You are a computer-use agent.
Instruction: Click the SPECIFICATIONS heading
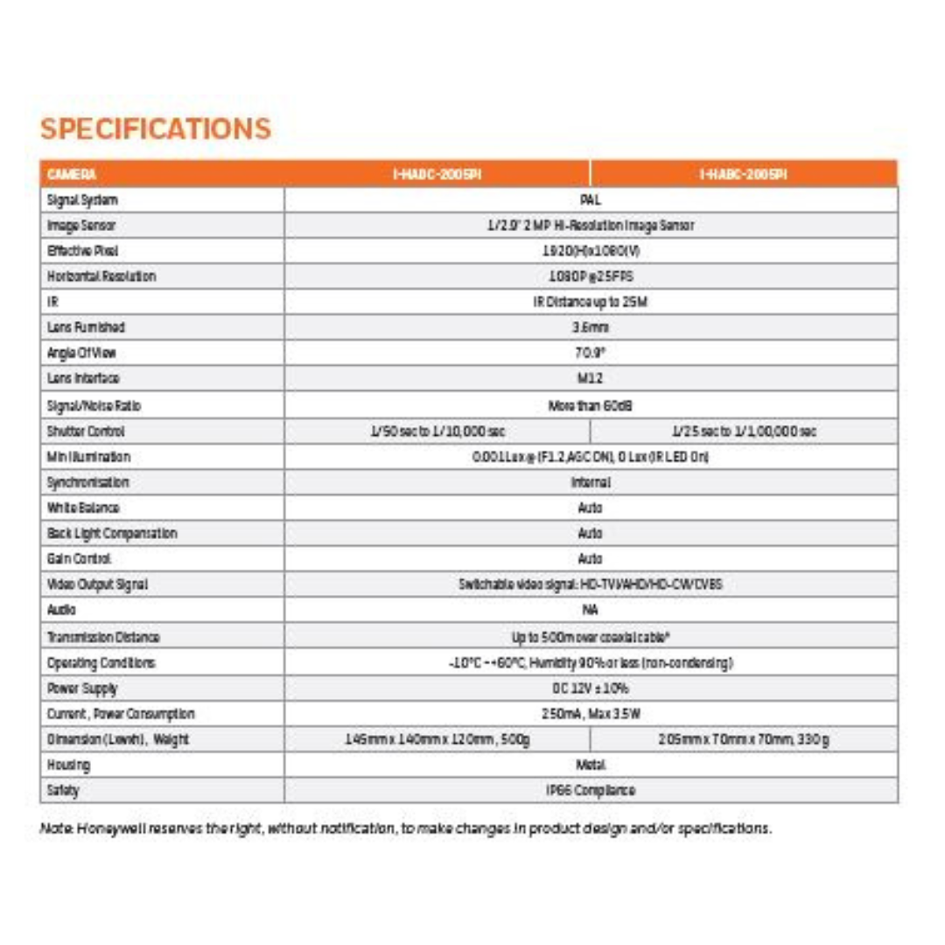(x=156, y=129)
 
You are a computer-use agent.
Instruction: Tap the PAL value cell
(x=591, y=199)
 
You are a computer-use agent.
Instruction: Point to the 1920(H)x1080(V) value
(x=591, y=250)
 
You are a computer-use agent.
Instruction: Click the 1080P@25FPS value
(x=591, y=276)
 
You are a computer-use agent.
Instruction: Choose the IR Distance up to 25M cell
(x=591, y=302)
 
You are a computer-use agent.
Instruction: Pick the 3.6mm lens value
(x=591, y=327)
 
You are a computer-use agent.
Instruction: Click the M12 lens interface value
(x=591, y=379)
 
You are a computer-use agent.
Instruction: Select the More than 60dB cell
(x=591, y=405)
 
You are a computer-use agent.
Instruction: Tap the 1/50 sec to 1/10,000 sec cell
(x=437, y=430)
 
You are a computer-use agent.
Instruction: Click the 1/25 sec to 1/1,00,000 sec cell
(x=744, y=430)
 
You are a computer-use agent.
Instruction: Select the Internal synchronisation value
(x=591, y=482)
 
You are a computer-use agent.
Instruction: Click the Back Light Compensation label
(x=112, y=533)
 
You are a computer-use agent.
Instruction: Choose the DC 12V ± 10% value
(x=591, y=688)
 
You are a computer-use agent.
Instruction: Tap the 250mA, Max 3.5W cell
(x=591, y=714)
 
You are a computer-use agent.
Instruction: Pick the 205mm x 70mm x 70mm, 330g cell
(x=744, y=739)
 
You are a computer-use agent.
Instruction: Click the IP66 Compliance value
(x=591, y=790)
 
